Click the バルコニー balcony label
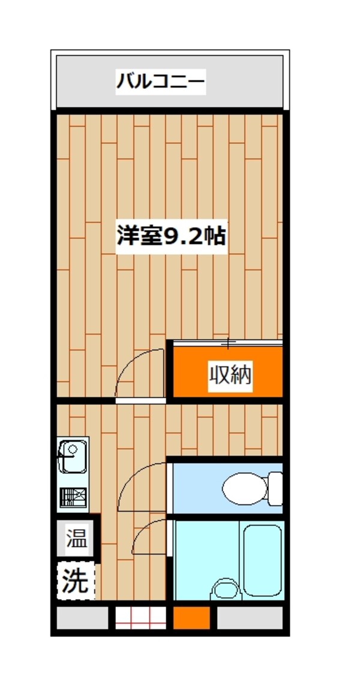point(161,80)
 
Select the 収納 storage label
point(230,375)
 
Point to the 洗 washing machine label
point(76,581)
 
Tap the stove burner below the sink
point(73,497)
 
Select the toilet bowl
point(245,488)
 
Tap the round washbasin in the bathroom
point(226,590)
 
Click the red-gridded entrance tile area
point(140,617)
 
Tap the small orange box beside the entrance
point(192,617)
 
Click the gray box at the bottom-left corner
point(82,617)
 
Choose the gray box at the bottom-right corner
point(249,617)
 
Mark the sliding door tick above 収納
point(229,343)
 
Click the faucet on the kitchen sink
point(65,459)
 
